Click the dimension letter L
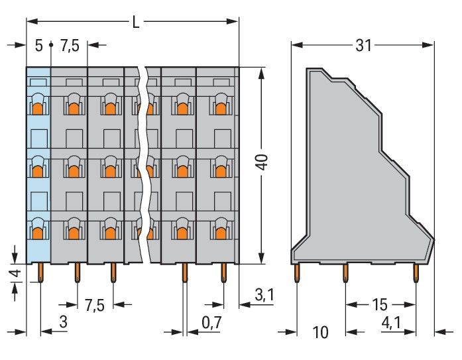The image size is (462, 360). pos(135,22)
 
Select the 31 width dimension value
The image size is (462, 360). pos(363,46)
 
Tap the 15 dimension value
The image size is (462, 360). pos(379,306)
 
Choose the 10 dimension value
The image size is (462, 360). pos(320,331)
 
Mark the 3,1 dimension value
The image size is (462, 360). pos(264,296)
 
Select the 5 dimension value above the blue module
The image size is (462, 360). pos(39,46)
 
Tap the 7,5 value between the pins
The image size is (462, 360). pos(94,306)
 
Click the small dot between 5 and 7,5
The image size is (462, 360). pos(51,46)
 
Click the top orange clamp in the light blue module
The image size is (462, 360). pos(38,107)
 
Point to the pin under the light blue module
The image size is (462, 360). pos(41,272)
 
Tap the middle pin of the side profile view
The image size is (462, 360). pos(345,272)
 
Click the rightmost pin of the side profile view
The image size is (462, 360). pos(416,272)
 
